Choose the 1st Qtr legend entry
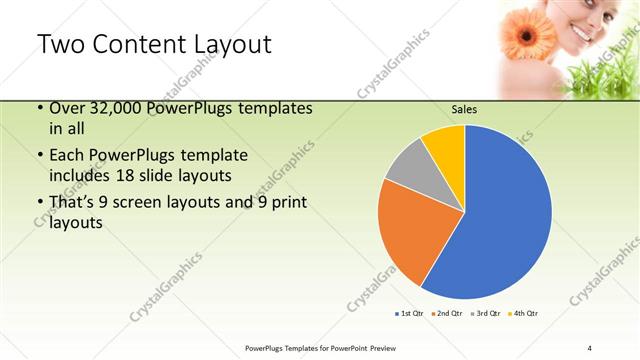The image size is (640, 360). point(411,314)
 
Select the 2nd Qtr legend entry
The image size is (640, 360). point(448,314)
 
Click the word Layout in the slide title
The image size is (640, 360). point(221,45)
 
